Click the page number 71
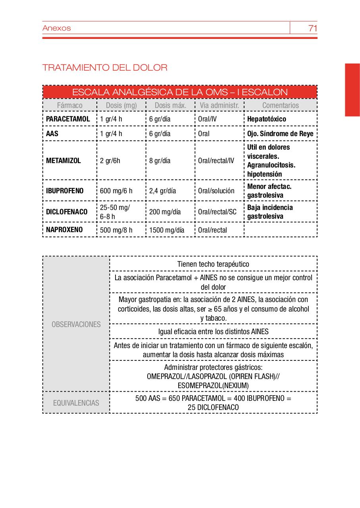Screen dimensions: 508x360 [312, 28]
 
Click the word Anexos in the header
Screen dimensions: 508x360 [56, 28]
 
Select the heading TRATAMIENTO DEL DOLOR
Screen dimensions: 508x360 [105, 67]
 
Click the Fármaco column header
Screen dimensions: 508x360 [70, 105]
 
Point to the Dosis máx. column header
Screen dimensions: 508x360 [170, 105]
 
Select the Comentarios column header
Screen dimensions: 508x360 [280, 105]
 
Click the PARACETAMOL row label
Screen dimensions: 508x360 [68, 119]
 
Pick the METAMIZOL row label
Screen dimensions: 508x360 [64, 161]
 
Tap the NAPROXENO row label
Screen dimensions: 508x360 [64, 230]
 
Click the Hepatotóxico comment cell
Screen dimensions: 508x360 [266, 119]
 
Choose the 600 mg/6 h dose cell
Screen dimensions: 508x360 [116, 191]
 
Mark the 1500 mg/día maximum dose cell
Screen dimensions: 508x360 [167, 230]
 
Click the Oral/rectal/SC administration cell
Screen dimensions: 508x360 [217, 212]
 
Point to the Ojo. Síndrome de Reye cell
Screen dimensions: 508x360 [280, 134]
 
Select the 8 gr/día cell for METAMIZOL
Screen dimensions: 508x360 [160, 161]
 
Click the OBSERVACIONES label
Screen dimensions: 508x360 [76, 324]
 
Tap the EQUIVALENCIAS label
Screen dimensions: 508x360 [76, 403]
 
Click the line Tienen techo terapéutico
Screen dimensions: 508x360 [213, 264]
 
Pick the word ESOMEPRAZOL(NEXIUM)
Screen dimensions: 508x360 [213, 385]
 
